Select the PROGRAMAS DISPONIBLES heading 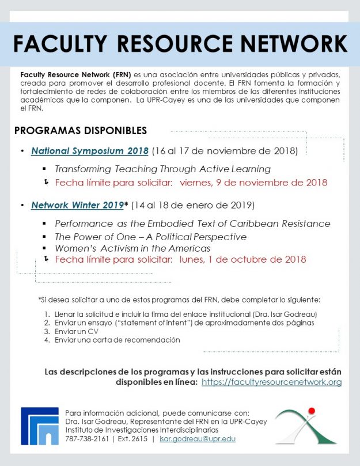pos(80,131)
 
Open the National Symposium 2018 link pos(90,151)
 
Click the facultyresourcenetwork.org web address pos(271,382)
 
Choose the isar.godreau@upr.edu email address pos(198,439)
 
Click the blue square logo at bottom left pos(39,426)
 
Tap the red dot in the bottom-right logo pos(312,411)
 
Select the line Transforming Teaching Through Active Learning pos(162,169)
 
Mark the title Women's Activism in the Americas pos(132,248)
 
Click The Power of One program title pos(150,237)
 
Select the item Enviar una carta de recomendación pos(117,340)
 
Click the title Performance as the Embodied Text pos(192,223)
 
